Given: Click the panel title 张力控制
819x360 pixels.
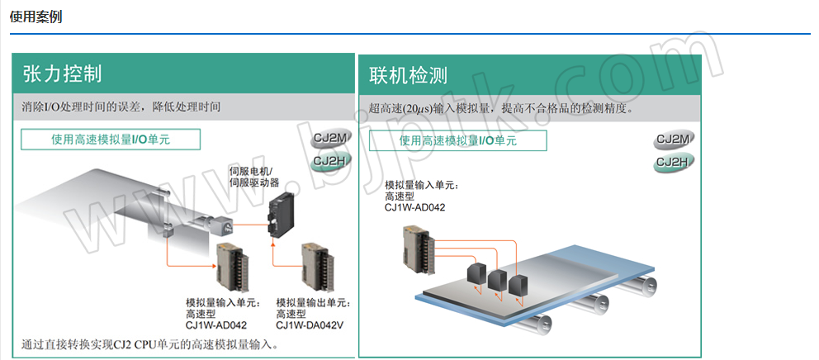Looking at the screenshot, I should tap(63, 73).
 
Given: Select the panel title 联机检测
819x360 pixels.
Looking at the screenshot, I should tap(408, 76).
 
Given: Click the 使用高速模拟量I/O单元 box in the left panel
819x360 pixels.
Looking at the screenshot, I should tap(111, 140).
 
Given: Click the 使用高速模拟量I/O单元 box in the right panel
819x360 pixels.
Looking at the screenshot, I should tap(457, 141).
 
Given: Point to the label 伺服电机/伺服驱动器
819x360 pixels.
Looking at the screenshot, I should tap(253, 177).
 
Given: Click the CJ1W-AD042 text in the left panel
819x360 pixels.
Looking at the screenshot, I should tap(216, 324).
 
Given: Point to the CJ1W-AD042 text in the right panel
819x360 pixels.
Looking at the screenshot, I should tap(414, 207).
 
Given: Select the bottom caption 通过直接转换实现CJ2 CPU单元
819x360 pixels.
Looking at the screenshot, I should tap(149, 343).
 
